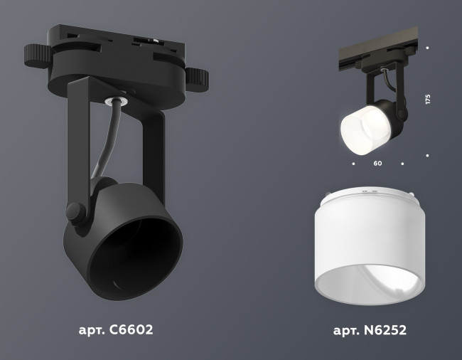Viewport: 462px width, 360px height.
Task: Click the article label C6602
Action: [x=116, y=330]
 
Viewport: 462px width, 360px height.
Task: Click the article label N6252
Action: [x=370, y=330]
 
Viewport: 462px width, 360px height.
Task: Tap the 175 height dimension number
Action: [x=428, y=99]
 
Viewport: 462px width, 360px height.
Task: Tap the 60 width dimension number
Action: [x=377, y=164]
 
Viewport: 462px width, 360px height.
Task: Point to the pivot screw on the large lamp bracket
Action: [x=74, y=211]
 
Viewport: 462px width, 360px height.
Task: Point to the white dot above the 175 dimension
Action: [x=427, y=48]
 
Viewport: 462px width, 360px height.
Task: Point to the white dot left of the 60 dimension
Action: [x=353, y=164]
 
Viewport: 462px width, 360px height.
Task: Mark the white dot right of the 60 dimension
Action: [x=402, y=164]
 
